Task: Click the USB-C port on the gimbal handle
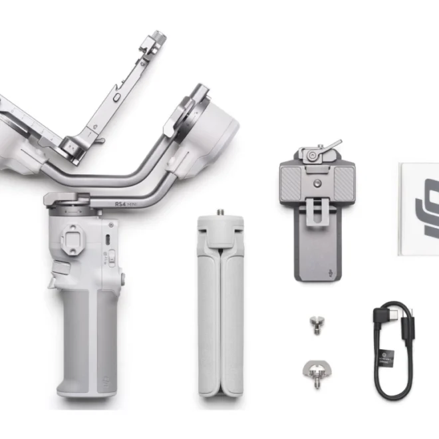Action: (x=106, y=239)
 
